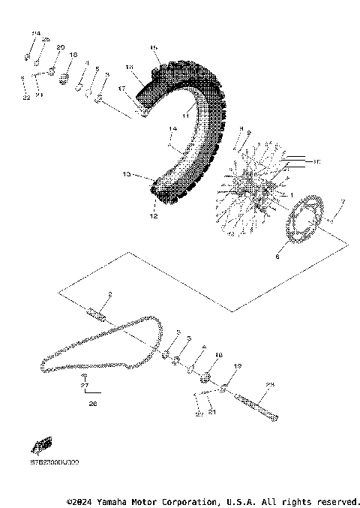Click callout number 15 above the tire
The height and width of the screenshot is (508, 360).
pyautogui.click(x=154, y=48)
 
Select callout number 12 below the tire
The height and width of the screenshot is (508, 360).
pyautogui.click(x=153, y=217)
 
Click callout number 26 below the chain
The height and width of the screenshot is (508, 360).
pyautogui.click(x=93, y=403)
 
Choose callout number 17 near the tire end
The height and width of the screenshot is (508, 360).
pyautogui.click(x=120, y=88)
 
